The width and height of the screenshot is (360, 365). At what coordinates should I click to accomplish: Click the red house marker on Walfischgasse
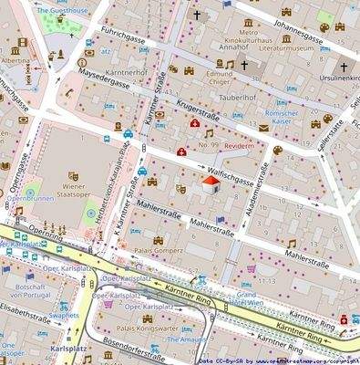coord(209,186)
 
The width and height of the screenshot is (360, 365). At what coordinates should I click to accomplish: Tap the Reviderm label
coord(242,146)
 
